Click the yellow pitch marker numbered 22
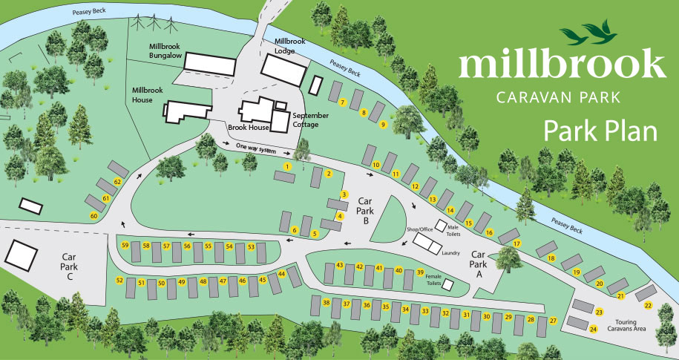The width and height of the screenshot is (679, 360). (648, 305)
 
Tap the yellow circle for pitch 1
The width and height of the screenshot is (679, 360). (286, 167)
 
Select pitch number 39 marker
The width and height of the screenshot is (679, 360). (420, 272)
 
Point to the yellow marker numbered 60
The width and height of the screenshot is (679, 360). (94, 215)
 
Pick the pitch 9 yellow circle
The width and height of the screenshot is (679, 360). (383, 125)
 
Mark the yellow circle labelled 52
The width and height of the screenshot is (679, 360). (119, 280)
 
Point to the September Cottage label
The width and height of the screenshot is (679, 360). (309, 120)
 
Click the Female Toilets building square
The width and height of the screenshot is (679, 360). (447, 285)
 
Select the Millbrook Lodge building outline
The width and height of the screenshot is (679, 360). (282, 71)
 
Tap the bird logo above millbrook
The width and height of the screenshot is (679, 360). (588, 32)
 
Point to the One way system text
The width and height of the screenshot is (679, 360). (255, 148)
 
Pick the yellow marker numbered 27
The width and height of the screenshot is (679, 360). (552, 320)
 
